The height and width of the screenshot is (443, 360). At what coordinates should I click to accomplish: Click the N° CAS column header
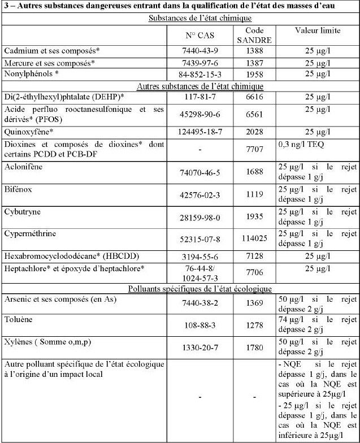(x=198, y=35)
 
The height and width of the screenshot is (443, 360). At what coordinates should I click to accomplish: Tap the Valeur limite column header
(x=317, y=31)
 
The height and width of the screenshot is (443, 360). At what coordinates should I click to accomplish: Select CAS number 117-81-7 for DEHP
(x=198, y=97)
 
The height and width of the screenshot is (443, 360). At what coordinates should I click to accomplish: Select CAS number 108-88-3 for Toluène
(x=198, y=326)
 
